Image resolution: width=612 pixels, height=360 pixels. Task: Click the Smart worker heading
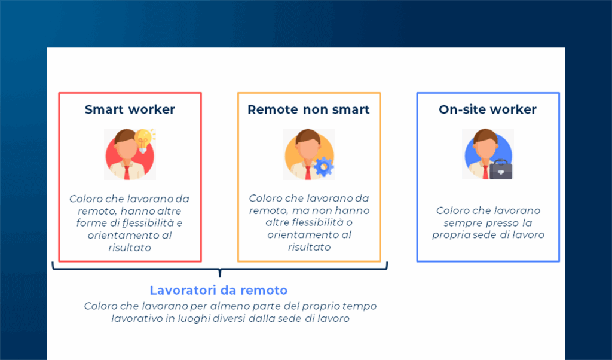coord(130,109)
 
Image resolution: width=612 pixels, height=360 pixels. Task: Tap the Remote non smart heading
coord(308,109)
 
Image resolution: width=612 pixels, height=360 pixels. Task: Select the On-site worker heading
coord(488,109)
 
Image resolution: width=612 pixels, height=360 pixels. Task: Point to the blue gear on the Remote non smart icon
coord(323,166)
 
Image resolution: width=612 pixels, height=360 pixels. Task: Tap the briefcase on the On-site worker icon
coord(501,169)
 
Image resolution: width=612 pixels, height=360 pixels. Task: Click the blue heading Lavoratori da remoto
coord(219,291)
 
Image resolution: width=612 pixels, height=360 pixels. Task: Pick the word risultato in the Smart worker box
coord(130,247)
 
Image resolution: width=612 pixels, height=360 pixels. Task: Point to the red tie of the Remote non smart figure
coord(307,172)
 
